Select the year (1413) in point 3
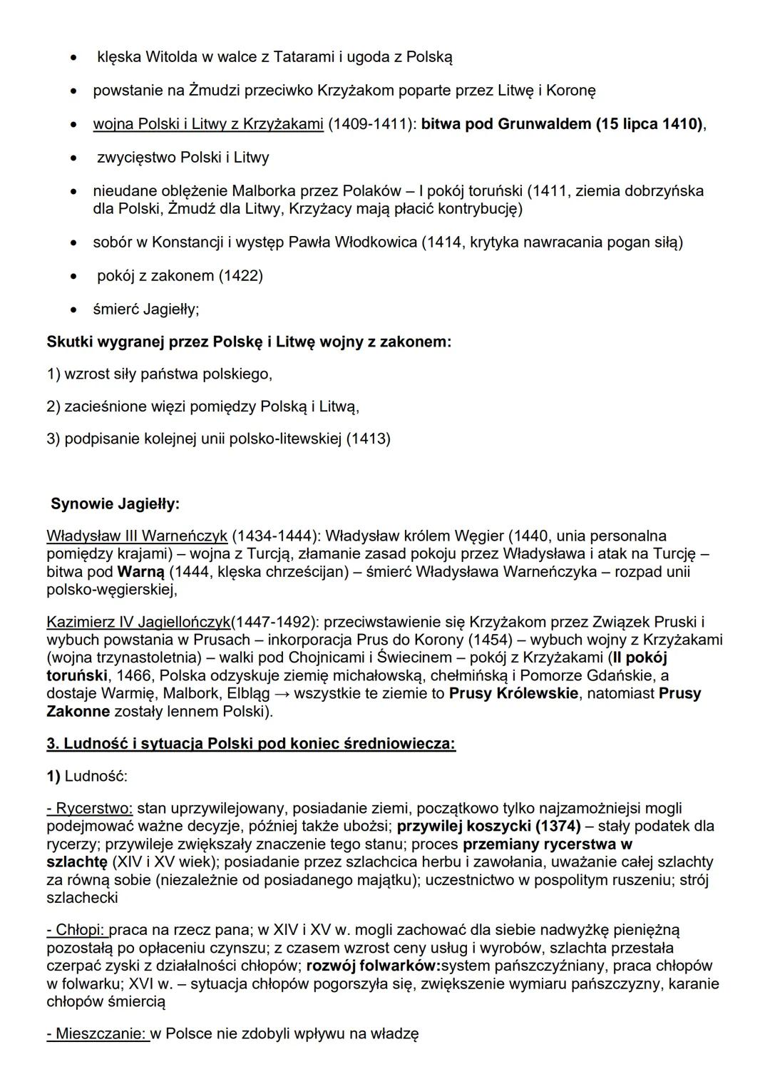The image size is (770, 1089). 368,439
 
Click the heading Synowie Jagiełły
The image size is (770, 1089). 115,504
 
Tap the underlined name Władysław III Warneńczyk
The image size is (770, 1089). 137,536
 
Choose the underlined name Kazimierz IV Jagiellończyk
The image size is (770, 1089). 138,622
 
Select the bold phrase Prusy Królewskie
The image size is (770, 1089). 513,694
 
